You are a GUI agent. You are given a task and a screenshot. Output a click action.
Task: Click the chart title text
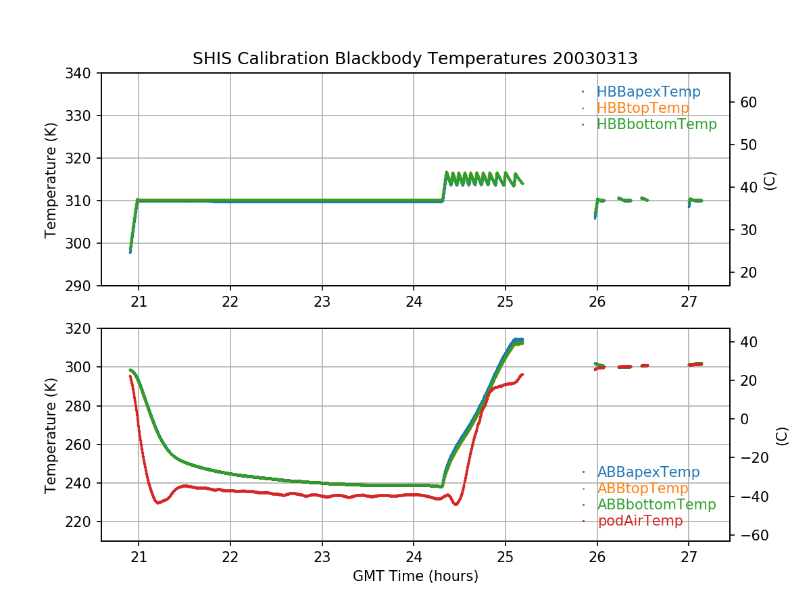pyautogui.click(x=415, y=59)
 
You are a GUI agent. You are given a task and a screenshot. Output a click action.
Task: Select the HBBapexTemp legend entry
pyautogui.click(x=648, y=92)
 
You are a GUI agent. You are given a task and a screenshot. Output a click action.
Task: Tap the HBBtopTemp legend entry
pyautogui.click(x=643, y=108)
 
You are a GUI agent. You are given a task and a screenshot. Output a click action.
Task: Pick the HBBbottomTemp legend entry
pyautogui.click(x=656, y=124)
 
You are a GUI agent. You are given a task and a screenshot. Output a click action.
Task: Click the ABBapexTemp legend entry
pyautogui.click(x=648, y=472)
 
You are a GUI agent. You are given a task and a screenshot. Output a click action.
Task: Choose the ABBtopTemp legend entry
pyautogui.click(x=643, y=488)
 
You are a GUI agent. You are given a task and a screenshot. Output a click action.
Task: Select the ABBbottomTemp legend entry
pyautogui.click(x=656, y=505)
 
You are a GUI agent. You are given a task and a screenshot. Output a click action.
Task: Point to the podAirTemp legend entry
pyautogui.click(x=640, y=521)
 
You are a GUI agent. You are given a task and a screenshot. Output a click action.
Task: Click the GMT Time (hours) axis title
pyautogui.click(x=415, y=576)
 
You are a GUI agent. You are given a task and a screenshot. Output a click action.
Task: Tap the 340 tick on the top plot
pyautogui.click(x=80, y=73)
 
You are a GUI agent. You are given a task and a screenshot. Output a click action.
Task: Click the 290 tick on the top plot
pyautogui.click(x=80, y=286)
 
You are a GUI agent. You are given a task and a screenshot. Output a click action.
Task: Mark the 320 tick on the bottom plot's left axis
pyautogui.click(x=80, y=329)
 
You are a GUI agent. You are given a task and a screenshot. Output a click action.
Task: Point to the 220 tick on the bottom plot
pyautogui.click(x=80, y=522)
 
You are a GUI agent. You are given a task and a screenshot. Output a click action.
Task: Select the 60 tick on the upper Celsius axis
pyautogui.click(x=747, y=103)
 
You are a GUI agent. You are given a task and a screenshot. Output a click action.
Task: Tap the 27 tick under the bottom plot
pyautogui.click(x=689, y=557)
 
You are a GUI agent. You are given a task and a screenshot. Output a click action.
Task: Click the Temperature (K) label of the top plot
pyautogui.click(x=51, y=180)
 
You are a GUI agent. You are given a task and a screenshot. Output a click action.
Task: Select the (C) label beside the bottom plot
pyautogui.click(x=782, y=436)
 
